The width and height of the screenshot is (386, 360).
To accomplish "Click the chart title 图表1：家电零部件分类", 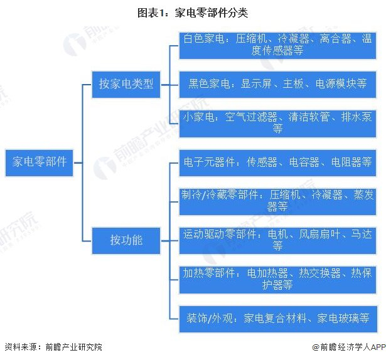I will (x=193, y=11).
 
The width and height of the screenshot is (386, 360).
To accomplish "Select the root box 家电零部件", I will (x=39, y=161).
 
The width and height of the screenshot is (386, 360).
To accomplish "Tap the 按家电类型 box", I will (x=126, y=83).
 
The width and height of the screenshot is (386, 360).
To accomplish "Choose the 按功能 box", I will (x=126, y=239).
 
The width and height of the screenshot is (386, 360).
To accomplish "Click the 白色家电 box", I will (x=277, y=44).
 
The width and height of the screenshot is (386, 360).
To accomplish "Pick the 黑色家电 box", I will (x=277, y=83).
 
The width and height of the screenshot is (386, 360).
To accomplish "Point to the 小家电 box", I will (x=277, y=122).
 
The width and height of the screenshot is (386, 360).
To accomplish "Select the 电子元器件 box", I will (x=277, y=162).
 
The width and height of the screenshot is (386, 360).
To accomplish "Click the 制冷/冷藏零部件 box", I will (x=277, y=200).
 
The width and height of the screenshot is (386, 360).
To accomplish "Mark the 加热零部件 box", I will (x=277, y=278).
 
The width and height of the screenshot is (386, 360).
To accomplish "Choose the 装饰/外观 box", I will (x=277, y=317).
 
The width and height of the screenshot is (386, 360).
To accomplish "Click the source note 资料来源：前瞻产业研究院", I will (x=53, y=347).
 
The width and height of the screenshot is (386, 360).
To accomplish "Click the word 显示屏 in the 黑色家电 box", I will (x=255, y=83).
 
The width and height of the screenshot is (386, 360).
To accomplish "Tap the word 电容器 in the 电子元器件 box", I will (x=306, y=162).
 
